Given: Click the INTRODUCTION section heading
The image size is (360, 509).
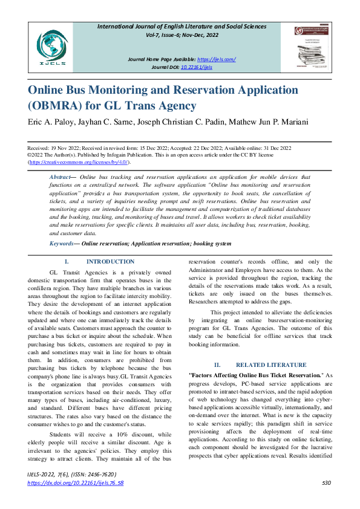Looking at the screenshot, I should (110, 262).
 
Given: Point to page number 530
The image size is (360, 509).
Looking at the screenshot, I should (327, 483).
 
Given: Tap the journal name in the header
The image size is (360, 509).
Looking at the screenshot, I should (191, 27).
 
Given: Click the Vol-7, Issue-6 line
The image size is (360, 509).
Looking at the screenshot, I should (191, 35).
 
